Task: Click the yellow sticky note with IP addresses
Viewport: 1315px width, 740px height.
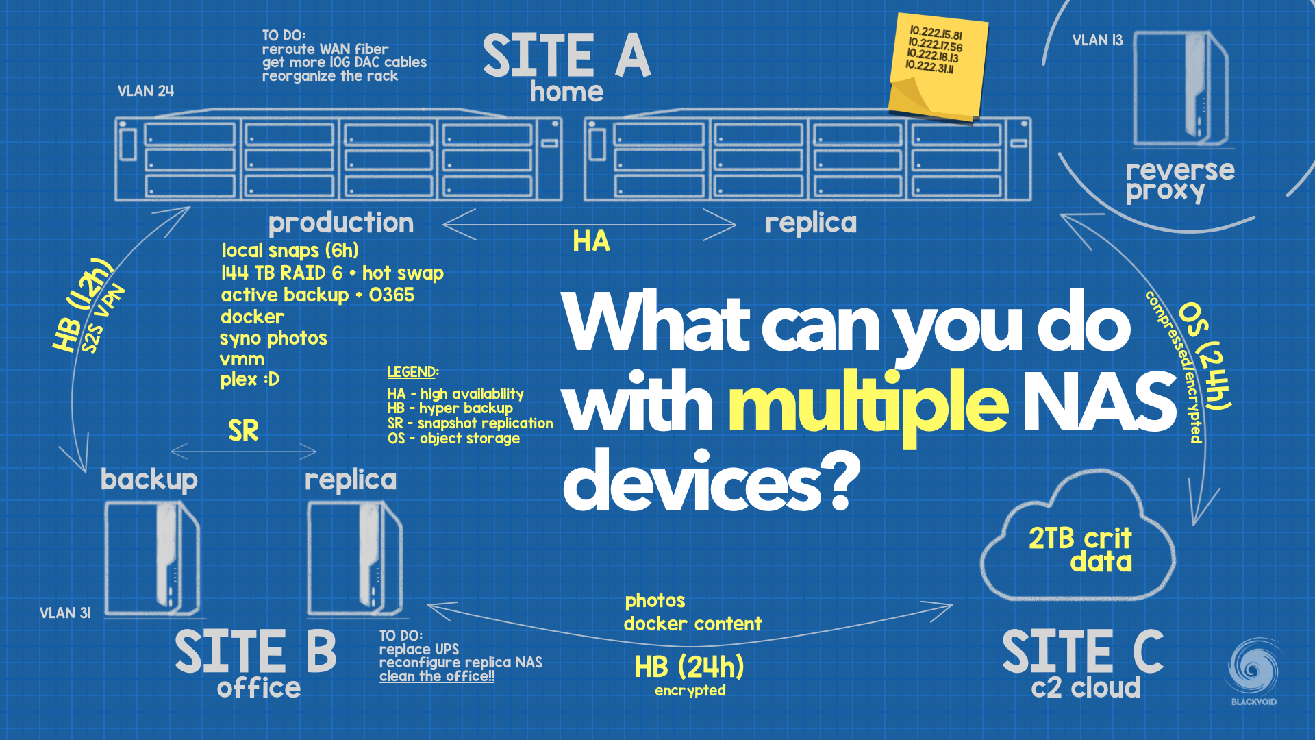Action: click(x=937, y=69)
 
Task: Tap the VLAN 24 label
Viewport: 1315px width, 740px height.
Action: click(x=146, y=91)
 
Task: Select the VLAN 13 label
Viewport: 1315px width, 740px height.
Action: click(x=1097, y=40)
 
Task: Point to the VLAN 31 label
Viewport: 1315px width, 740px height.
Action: click(x=65, y=613)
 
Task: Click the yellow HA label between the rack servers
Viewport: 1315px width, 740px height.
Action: click(x=591, y=241)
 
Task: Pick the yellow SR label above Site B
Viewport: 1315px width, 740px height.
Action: click(x=243, y=431)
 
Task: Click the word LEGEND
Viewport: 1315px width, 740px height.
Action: click(x=412, y=372)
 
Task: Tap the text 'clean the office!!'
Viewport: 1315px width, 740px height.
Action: click(x=437, y=676)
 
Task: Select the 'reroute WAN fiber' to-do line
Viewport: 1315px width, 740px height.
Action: click(x=325, y=49)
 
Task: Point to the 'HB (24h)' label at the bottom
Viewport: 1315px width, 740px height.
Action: click(x=689, y=667)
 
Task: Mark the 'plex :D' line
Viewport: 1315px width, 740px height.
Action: click(x=249, y=380)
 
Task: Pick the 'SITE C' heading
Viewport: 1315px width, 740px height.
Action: click(x=1082, y=652)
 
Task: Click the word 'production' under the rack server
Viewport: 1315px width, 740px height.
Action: click(x=340, y=223)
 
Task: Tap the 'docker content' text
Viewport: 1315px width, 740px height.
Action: click(x=692, y=624)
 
